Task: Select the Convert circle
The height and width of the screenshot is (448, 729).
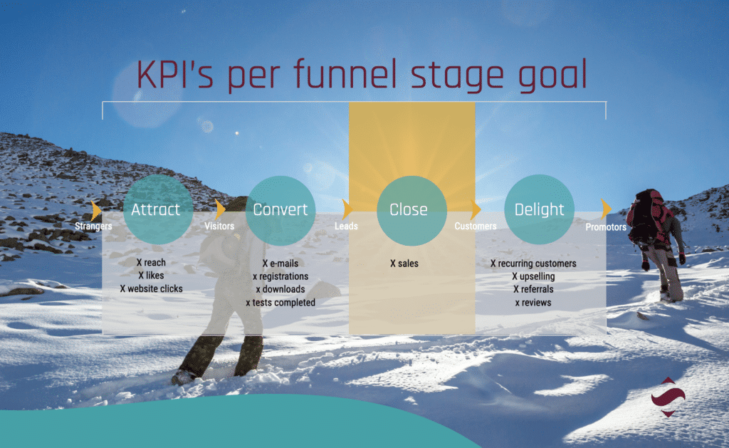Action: [280, 210]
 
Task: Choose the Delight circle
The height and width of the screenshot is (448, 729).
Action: [539, 210]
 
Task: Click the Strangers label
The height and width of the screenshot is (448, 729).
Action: [93, 226]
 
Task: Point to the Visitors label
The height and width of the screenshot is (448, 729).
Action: [219, 226]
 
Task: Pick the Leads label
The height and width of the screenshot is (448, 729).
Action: [346, 226]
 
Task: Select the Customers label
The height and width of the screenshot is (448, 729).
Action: [476, 226]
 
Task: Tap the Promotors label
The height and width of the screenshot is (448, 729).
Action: [606, 227]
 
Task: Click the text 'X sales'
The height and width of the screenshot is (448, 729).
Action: [404, 264]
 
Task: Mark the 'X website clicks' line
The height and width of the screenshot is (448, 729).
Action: [151, 289]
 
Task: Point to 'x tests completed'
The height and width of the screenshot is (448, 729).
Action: [280, 303]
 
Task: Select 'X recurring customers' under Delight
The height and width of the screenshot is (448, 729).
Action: [533, 264]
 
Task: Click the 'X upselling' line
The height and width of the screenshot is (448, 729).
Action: [533, 276]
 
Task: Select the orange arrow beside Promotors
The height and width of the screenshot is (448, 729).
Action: [606, 209]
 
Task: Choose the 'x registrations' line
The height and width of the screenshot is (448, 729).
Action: [280, 276]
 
